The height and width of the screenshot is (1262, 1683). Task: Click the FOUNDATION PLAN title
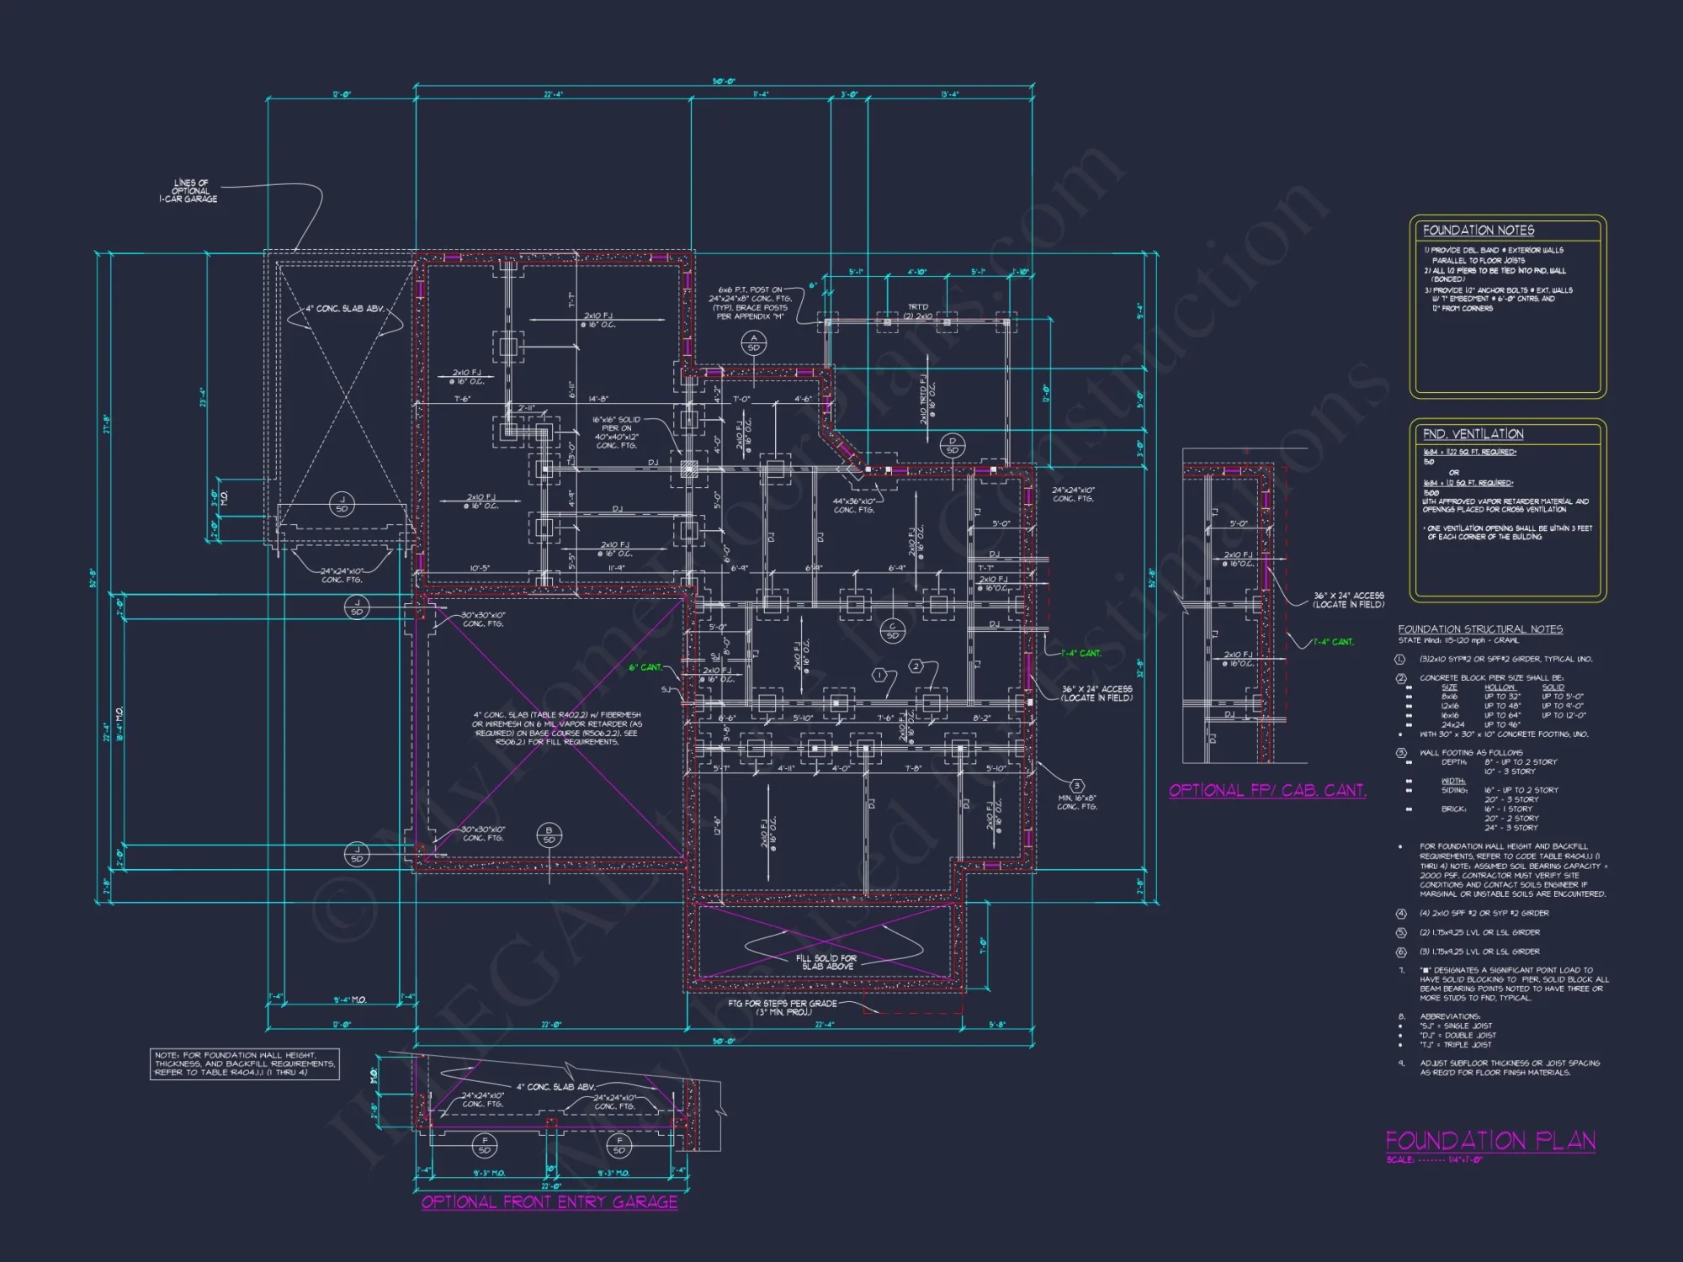1490,1142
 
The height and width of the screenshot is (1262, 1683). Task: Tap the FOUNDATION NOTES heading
1479,231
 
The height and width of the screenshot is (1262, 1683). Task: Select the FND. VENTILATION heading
1473,434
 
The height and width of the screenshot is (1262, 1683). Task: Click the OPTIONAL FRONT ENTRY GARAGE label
549,1202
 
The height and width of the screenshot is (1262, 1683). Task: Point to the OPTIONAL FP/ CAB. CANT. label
1267,791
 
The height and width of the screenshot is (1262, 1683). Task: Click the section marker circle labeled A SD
753,342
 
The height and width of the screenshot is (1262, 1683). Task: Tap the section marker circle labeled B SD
549,835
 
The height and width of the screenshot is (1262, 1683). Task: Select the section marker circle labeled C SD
892,631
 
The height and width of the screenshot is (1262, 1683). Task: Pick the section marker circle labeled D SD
952,445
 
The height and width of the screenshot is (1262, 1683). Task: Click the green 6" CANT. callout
646,667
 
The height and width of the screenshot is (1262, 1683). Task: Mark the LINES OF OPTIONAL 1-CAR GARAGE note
188,191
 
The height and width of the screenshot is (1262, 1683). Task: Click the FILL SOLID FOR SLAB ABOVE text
827,962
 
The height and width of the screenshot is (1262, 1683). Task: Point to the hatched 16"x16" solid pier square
688,469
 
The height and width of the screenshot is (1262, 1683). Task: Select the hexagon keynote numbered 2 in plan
916,667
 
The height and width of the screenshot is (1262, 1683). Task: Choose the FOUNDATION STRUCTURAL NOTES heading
1480,629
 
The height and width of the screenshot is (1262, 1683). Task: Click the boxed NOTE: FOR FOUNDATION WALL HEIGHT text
244,1063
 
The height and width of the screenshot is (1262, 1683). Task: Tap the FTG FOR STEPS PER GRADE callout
783,1007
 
